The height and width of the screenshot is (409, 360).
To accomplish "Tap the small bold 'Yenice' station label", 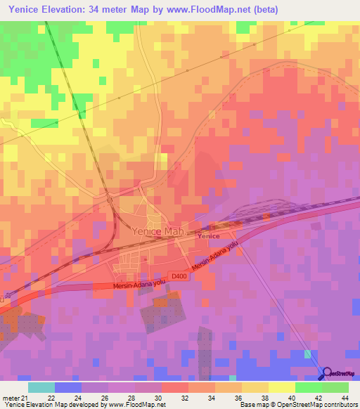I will coord(208,236).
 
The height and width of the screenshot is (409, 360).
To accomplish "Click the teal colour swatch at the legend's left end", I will coord(41,387).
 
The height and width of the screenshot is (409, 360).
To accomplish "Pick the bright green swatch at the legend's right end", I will coord(335,387).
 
